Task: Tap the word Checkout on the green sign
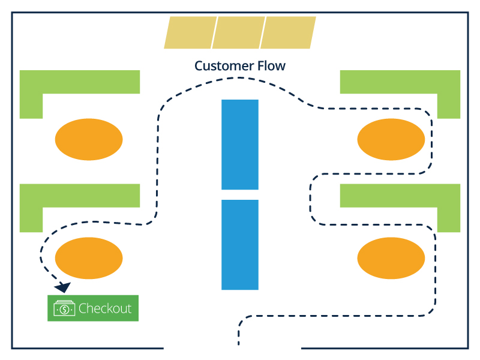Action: coord(105,308)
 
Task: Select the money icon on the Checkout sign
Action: coord(64,308)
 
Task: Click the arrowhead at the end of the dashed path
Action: coord(63,287)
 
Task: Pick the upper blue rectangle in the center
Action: coord(240,144)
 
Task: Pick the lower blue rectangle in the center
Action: coord(240,244)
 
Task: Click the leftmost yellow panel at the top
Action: coord(190,32)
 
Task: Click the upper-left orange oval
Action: coord(89,139)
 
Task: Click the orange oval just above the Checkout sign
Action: coord(89,258)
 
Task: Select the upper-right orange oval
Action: coord(391,139)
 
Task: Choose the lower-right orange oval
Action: coord(391,258)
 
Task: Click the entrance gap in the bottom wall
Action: coord(232,347)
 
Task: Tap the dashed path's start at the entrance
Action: coord(239,341)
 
